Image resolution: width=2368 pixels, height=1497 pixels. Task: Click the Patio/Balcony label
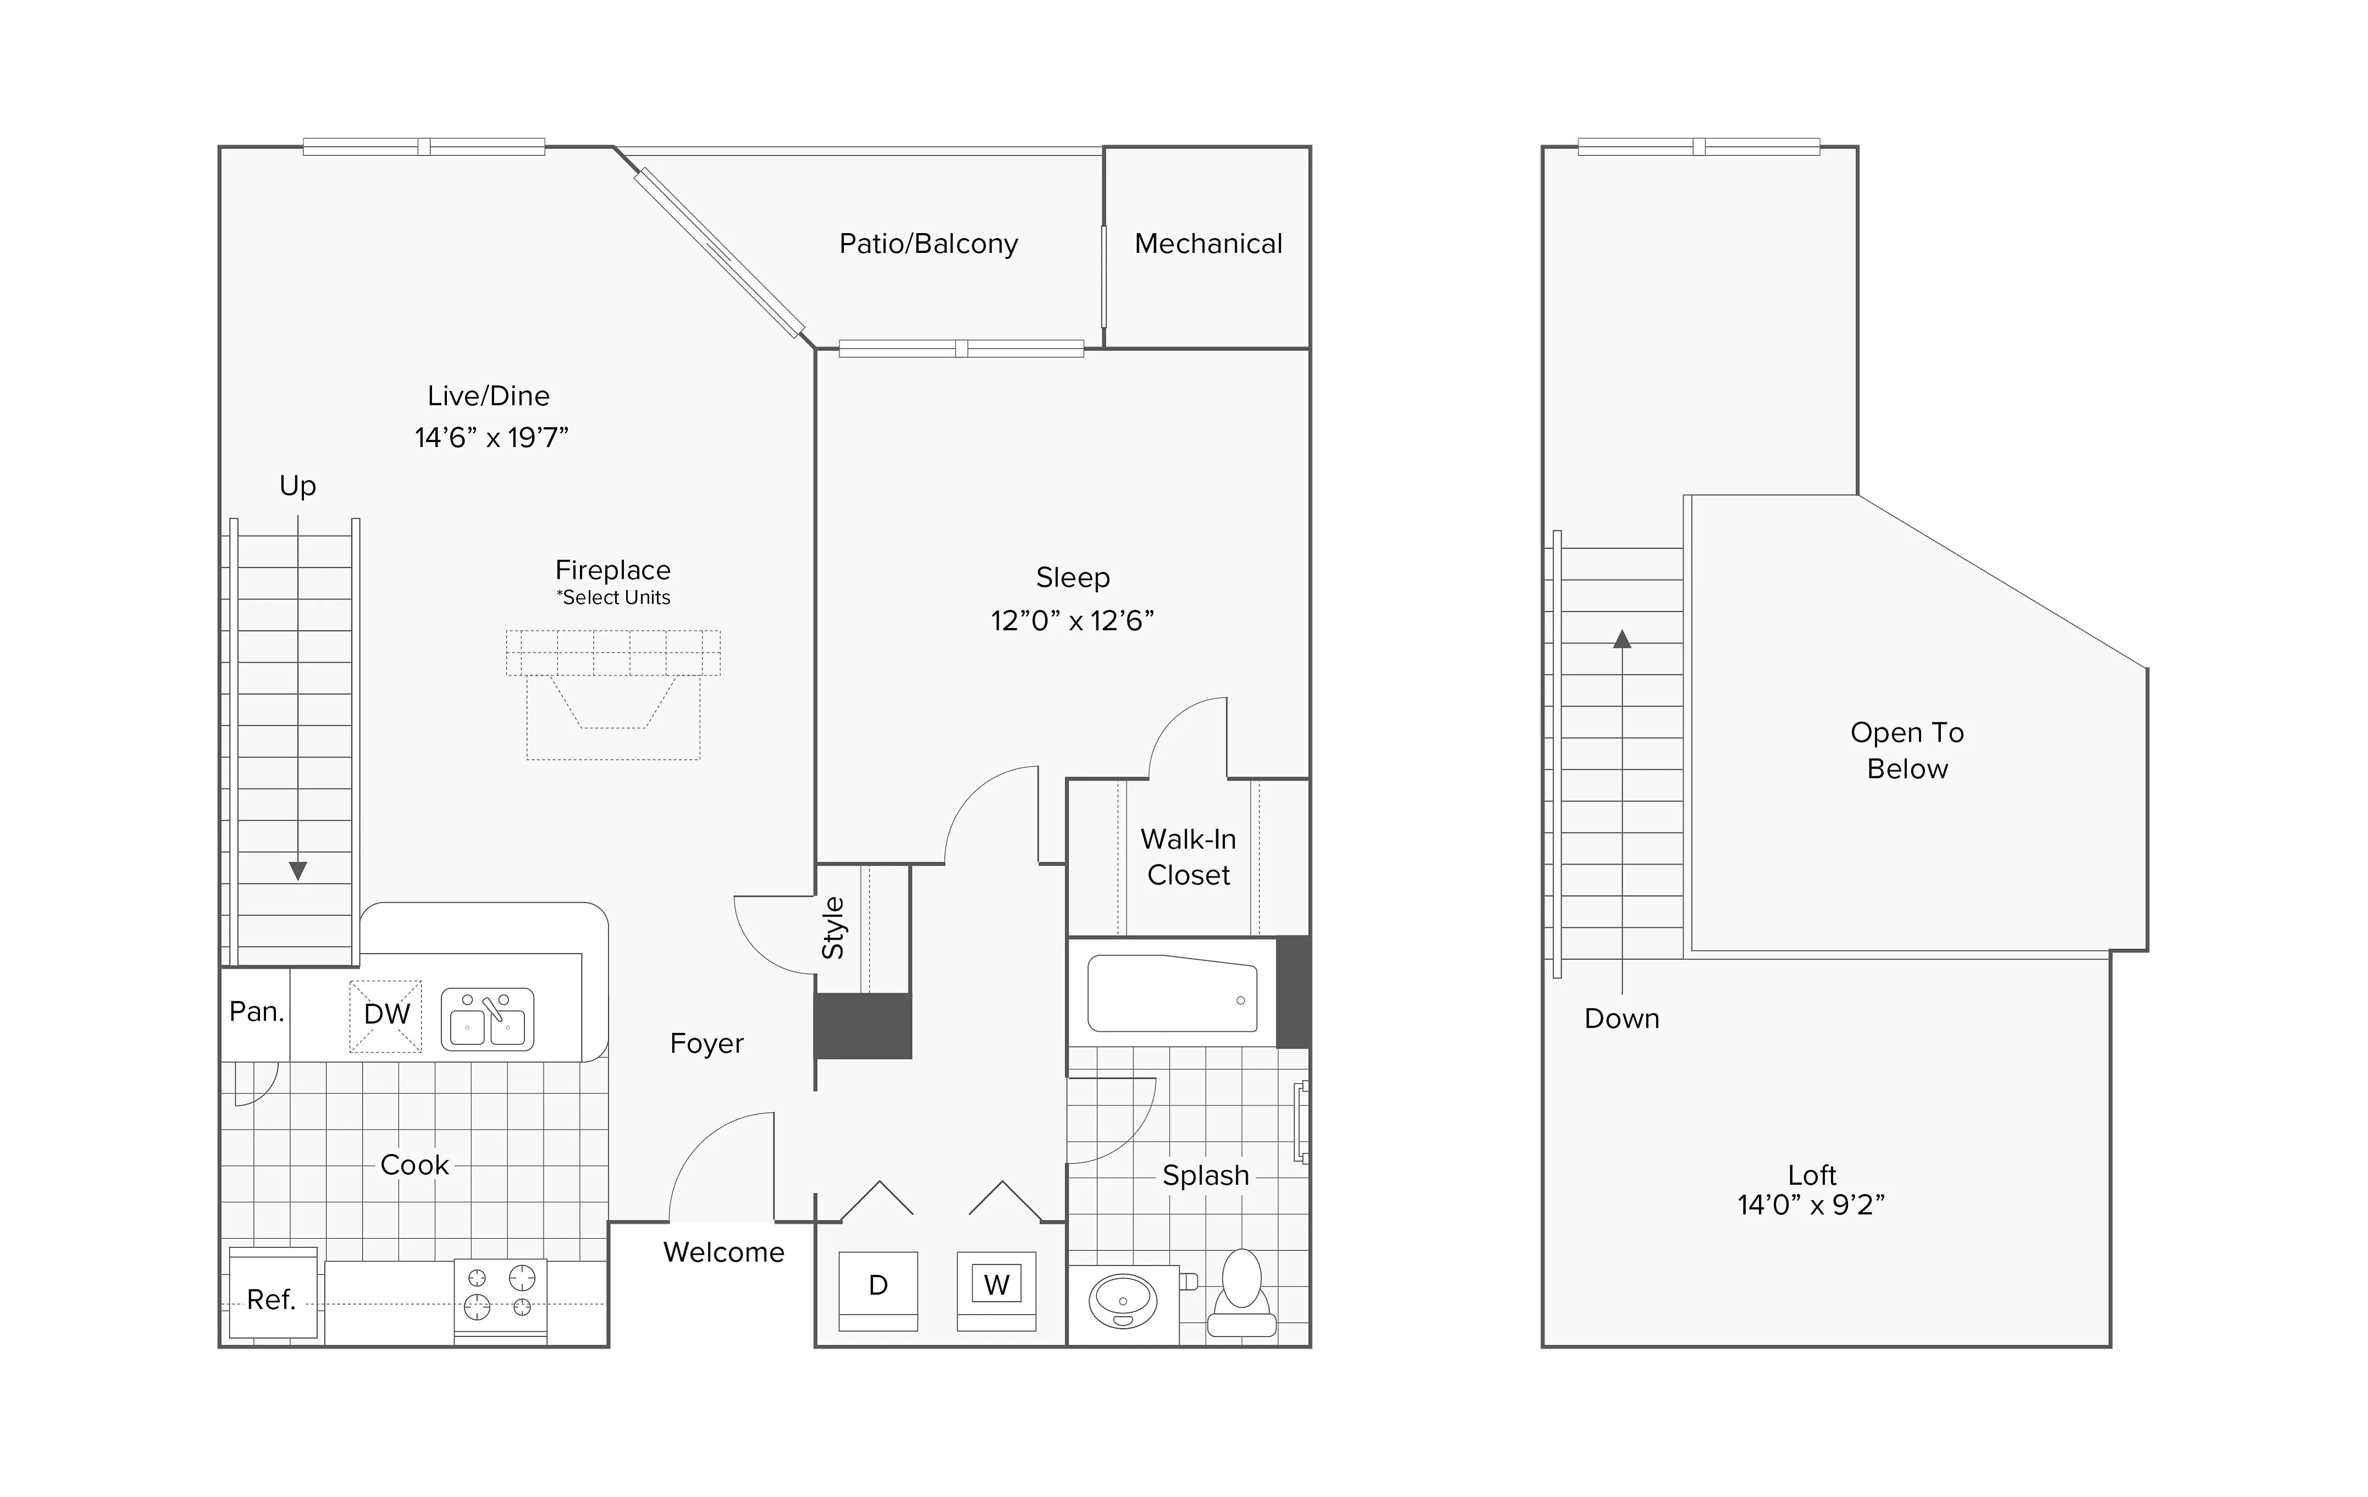click(928, 244)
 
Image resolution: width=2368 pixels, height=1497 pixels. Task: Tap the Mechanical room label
click(1209, 244)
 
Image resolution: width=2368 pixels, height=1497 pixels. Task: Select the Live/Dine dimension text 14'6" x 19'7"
click(492, 438)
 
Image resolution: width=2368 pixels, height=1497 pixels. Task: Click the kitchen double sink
click(487, 1019)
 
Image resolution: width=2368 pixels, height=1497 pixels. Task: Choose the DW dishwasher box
click(385, 1016)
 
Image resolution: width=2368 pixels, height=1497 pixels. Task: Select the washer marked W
click(996, 1290)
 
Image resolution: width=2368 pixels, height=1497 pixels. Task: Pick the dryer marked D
click(878, 1290)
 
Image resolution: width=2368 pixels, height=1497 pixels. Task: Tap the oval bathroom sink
click(1123, 1301)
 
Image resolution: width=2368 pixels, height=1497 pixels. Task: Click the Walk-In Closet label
click(1188, 857)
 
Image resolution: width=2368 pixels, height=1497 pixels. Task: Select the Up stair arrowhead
click(298, 870)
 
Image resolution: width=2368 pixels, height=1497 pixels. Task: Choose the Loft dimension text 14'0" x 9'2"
click(1811, 1205)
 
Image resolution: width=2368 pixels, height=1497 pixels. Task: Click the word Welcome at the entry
click(724, 1252)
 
